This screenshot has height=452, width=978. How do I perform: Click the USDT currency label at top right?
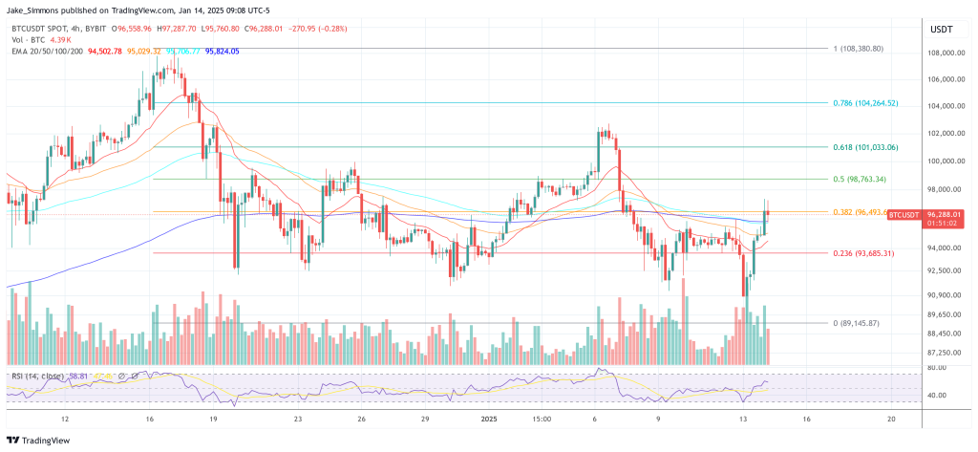941,30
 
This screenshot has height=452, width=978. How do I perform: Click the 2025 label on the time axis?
490,419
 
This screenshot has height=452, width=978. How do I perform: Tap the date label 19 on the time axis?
213,419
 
